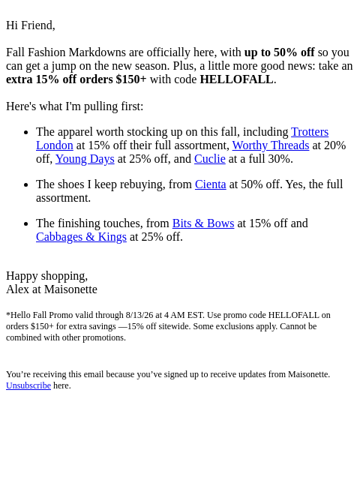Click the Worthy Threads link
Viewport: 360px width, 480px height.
click(x=271, y=145)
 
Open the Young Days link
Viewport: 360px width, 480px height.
click(x=85, y=159)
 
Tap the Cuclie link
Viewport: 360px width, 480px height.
click(x=210, y=159)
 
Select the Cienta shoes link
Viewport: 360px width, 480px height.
click(x=210, y=184)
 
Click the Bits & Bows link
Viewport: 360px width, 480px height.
click(x=203, y=223)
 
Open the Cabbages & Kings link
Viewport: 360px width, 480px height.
click(x=81, y=237)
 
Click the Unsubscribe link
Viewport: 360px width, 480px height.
click(x=28, y=385)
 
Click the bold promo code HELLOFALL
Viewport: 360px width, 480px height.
click(x=236, y=79)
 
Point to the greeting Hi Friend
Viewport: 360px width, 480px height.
click(x=30, y=25)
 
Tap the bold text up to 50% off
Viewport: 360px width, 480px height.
click(x=279, y=52)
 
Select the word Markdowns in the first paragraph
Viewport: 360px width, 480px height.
click(x=97, y=52)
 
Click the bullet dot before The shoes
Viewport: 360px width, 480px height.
click(x=26, y=185)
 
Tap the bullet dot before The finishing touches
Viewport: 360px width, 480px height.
click(x=26, y=224)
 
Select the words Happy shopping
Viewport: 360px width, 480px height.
click(x=46, y=276)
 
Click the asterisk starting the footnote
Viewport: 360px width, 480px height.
click(x=8, y=315)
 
